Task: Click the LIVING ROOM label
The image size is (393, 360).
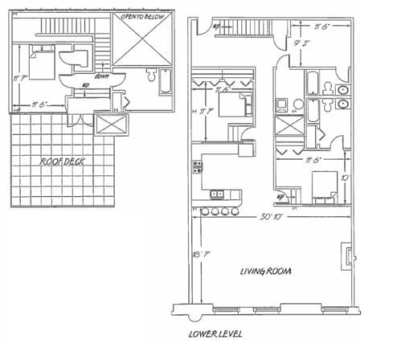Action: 264,272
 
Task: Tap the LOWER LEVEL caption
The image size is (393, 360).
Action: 215,333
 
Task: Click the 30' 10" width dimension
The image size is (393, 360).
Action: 272,217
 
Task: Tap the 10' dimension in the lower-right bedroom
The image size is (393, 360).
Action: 345,178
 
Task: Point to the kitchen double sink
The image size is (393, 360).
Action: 216,193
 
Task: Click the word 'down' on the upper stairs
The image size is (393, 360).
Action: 102,77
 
